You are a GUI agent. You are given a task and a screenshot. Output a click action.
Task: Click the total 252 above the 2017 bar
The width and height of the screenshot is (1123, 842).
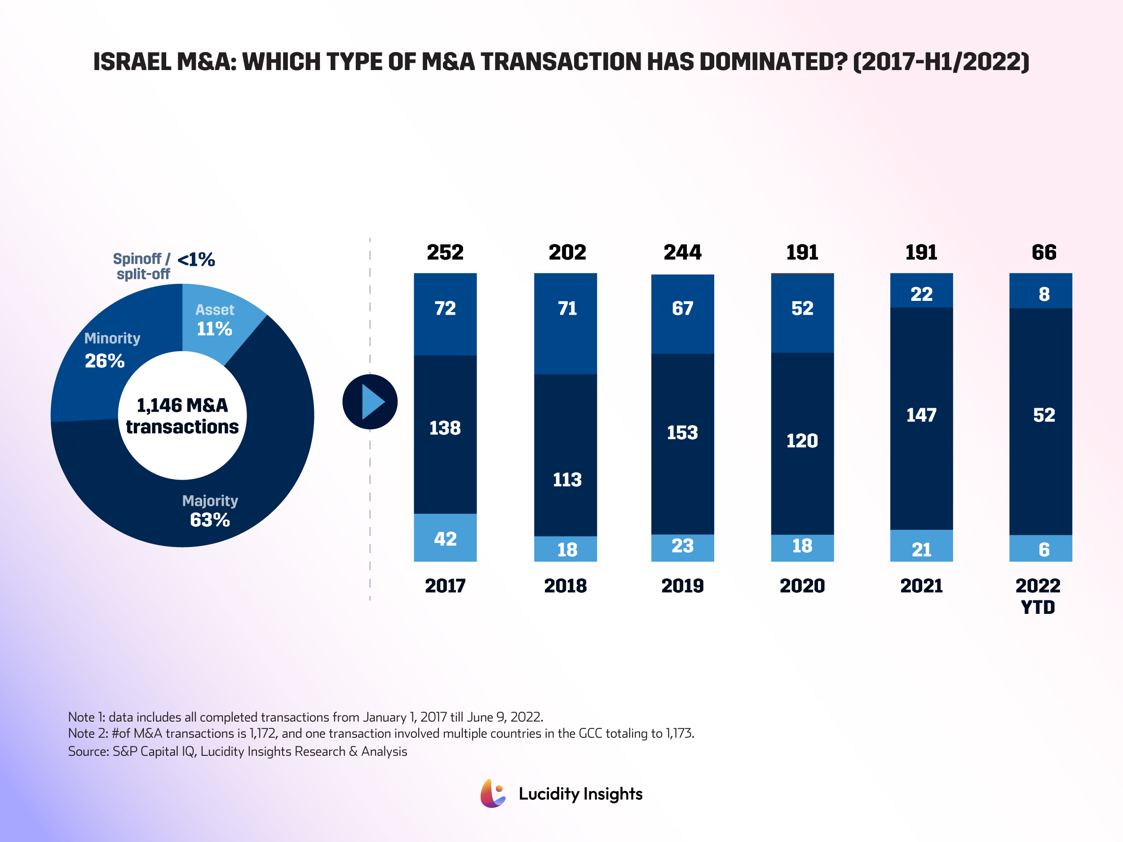[x=445, y=252]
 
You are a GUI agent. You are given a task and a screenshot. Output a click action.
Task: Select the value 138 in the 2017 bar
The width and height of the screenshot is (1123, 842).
[x=445, y=428]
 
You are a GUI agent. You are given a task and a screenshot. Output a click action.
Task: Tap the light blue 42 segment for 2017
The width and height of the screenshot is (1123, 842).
[x=445, y=538]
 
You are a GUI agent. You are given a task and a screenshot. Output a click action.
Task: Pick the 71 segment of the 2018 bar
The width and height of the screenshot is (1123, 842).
[x=566, y=309]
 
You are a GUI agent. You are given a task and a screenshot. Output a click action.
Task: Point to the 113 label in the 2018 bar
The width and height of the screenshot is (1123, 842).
[x=566, y=480]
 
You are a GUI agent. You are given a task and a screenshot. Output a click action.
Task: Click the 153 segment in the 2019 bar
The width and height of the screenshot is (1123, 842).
[x=682, y=433]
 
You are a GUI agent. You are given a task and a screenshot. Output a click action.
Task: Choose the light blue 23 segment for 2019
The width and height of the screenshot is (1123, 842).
[x=682, y=546]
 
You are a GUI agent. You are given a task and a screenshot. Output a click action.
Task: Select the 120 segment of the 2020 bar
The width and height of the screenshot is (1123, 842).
[x=802, y=441]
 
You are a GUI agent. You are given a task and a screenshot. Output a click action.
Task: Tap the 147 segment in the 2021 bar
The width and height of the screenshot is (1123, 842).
[x=921, y=415]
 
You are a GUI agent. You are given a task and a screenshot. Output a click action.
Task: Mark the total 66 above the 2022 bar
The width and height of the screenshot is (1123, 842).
[x=1043, y=252]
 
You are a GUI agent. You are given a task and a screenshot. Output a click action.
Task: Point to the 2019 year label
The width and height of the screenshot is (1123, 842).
[x=682, y=586]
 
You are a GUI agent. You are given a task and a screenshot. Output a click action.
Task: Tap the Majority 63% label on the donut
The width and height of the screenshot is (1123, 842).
[x=210, y=511]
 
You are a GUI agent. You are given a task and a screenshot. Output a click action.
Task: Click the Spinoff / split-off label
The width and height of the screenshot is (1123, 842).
[x=142, y=266]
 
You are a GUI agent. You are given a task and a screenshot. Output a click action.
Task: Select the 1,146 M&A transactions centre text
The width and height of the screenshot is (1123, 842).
[x=182, y=416]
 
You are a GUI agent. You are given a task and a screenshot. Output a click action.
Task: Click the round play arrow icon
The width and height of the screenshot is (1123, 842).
[x=370, y=401]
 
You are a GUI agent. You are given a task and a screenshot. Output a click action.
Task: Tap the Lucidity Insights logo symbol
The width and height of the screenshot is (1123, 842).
[x=492, y=794]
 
